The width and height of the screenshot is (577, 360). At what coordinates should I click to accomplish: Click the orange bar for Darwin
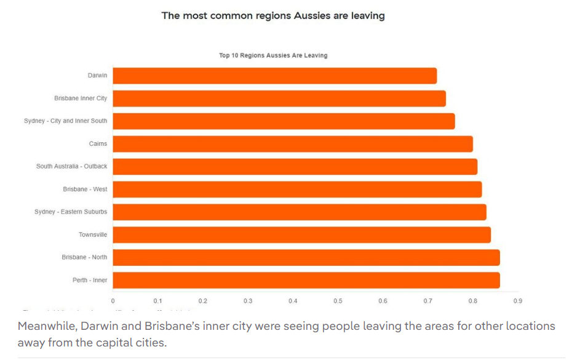pyautogui.click(x=274, y=76)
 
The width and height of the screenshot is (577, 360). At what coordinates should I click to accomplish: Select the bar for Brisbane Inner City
pyautogui.click(x=279, y=98)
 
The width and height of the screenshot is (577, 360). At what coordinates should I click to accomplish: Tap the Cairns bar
pyautogui.click(x=293, y=144)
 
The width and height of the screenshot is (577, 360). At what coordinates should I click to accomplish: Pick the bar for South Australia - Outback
pyautogui.click(x=295, y=167)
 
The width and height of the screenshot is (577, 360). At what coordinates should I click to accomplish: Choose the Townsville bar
pyautogui.click(x=301, y=234)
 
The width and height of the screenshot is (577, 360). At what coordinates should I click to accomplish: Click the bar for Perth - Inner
pyautogui.click(x=306, y=280)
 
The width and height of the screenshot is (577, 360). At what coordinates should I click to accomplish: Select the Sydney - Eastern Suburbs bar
pyautogui.click(x=300, y=212)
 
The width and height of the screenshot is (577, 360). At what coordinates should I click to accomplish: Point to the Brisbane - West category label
pyautogui.click(x=85, y=190)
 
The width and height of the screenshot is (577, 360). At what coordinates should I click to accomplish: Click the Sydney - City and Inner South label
pyautogui.click(x=65, y=121)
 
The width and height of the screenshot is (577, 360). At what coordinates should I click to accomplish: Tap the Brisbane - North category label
pyautogui.click(x=84, y=257)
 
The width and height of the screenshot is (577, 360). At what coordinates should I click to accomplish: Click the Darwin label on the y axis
pyautogui.click(x=97, y=76)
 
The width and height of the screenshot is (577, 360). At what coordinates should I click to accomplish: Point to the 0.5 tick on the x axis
pyautogui.click(x=338, y=302)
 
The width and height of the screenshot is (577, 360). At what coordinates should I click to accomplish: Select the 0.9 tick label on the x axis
pyautogui.click(x=517, y=302)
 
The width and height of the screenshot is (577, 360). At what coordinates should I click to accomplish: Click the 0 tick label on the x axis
pyautogui.click(x=113, y=302)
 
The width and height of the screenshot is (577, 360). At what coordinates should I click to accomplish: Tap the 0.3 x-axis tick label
pyautogui.click(x=248, y=302)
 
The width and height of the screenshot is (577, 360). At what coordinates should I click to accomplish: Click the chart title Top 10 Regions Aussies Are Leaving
pyautogui.click(x=273, y=55)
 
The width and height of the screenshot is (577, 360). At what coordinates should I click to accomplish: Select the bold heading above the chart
pyautogui.click(x=273, y=16)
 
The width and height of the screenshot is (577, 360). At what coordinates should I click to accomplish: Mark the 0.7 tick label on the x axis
pyautogui.click(x=428, y=302)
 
